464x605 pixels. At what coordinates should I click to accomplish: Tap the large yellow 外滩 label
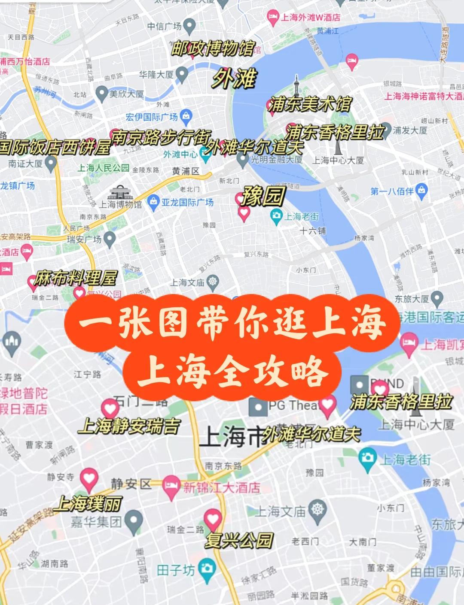coord(235,79)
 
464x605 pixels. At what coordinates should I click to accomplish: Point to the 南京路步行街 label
coord(161,138)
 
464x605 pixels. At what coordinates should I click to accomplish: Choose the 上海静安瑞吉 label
coord(129,426)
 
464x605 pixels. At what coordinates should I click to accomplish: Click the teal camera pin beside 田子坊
coord(207,569)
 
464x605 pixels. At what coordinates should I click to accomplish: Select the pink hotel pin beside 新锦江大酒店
coord(171,487)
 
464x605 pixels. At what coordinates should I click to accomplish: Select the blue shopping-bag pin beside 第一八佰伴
coord(422,191)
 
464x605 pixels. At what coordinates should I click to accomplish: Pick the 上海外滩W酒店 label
coord(310,18)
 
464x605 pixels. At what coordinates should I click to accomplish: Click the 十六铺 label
coord(313,231)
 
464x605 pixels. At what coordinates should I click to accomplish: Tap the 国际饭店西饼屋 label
coord(55,147)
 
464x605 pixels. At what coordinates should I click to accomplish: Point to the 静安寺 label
coord(61,477)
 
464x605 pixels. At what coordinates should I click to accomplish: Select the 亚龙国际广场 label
coord(187,202)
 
